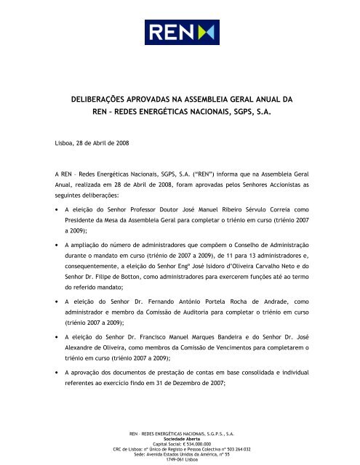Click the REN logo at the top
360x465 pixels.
click(x=180, y=32)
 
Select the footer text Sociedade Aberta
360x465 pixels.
click(x=180, y=440)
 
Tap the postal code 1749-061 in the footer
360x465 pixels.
click(x=169, y=461)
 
